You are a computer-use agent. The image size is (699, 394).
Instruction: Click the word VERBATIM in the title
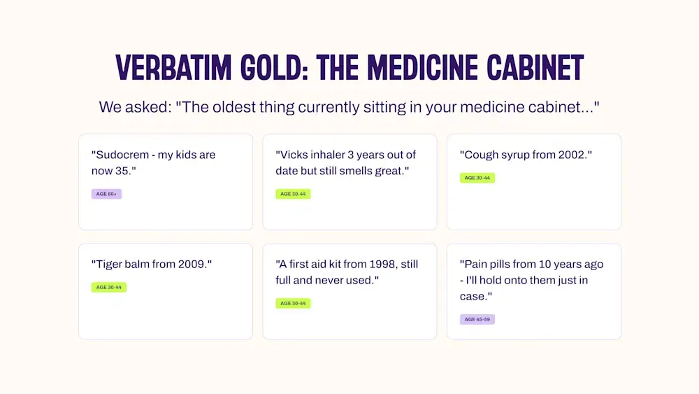coord(173,68)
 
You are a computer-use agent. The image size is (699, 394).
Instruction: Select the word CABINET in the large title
coord(535,68)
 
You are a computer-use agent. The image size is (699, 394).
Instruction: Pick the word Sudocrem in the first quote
coord(120,155)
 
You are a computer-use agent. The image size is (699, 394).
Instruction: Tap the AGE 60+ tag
coord(106,194)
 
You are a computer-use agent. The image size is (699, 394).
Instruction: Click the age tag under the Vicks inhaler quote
coord(293,194)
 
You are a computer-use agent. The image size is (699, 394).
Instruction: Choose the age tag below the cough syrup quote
coord(477,178)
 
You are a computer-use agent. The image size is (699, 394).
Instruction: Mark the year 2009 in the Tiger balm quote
coord(193,264)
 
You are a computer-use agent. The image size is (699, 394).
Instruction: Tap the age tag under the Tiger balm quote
coord(109,287)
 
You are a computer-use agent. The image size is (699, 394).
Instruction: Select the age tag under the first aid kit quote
coord(293,303)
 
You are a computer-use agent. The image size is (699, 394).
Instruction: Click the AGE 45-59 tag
coord(477,319)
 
